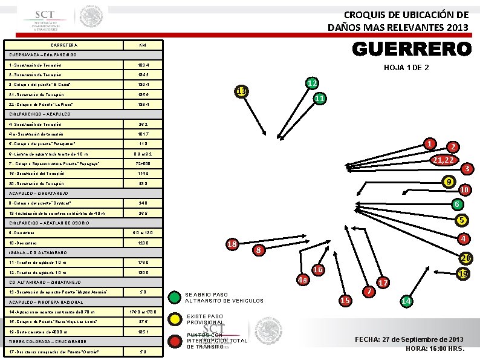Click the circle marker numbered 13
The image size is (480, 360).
click(x=242, y=91)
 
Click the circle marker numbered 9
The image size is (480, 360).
click(x=448, y=182)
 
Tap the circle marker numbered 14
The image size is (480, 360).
click(x=407, y=301)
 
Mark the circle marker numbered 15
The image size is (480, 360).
click(x=346, y=301)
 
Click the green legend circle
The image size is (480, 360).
click(x=175, y=296)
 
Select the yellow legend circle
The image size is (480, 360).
click(x=175, y=318)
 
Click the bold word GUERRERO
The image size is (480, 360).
click(x=410, y=48)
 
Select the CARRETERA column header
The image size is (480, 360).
click(x=63, y=45)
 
